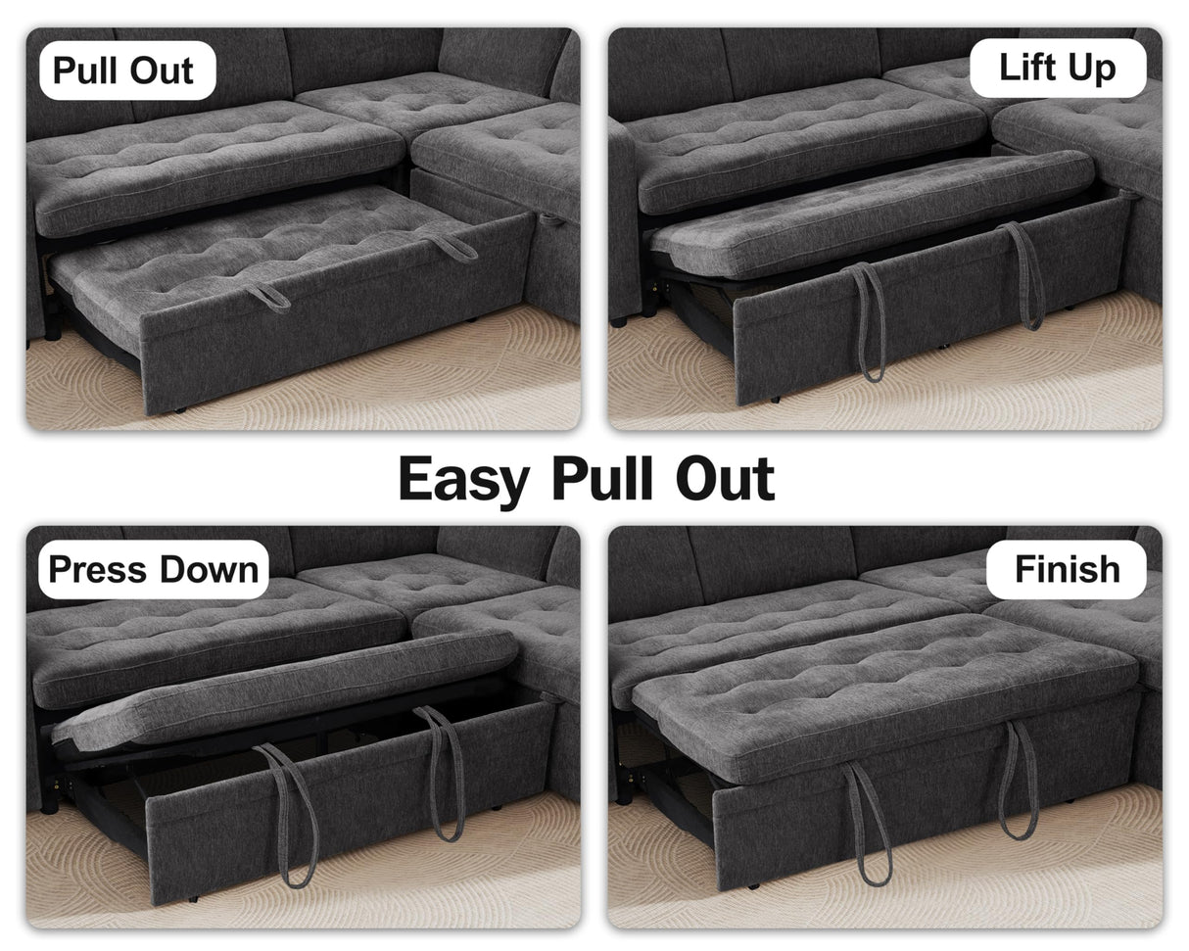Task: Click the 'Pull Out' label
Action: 125,71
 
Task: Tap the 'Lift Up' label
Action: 1057,68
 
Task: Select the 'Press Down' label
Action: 153,569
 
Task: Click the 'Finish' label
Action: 1067,569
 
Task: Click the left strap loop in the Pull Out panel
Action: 268,297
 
